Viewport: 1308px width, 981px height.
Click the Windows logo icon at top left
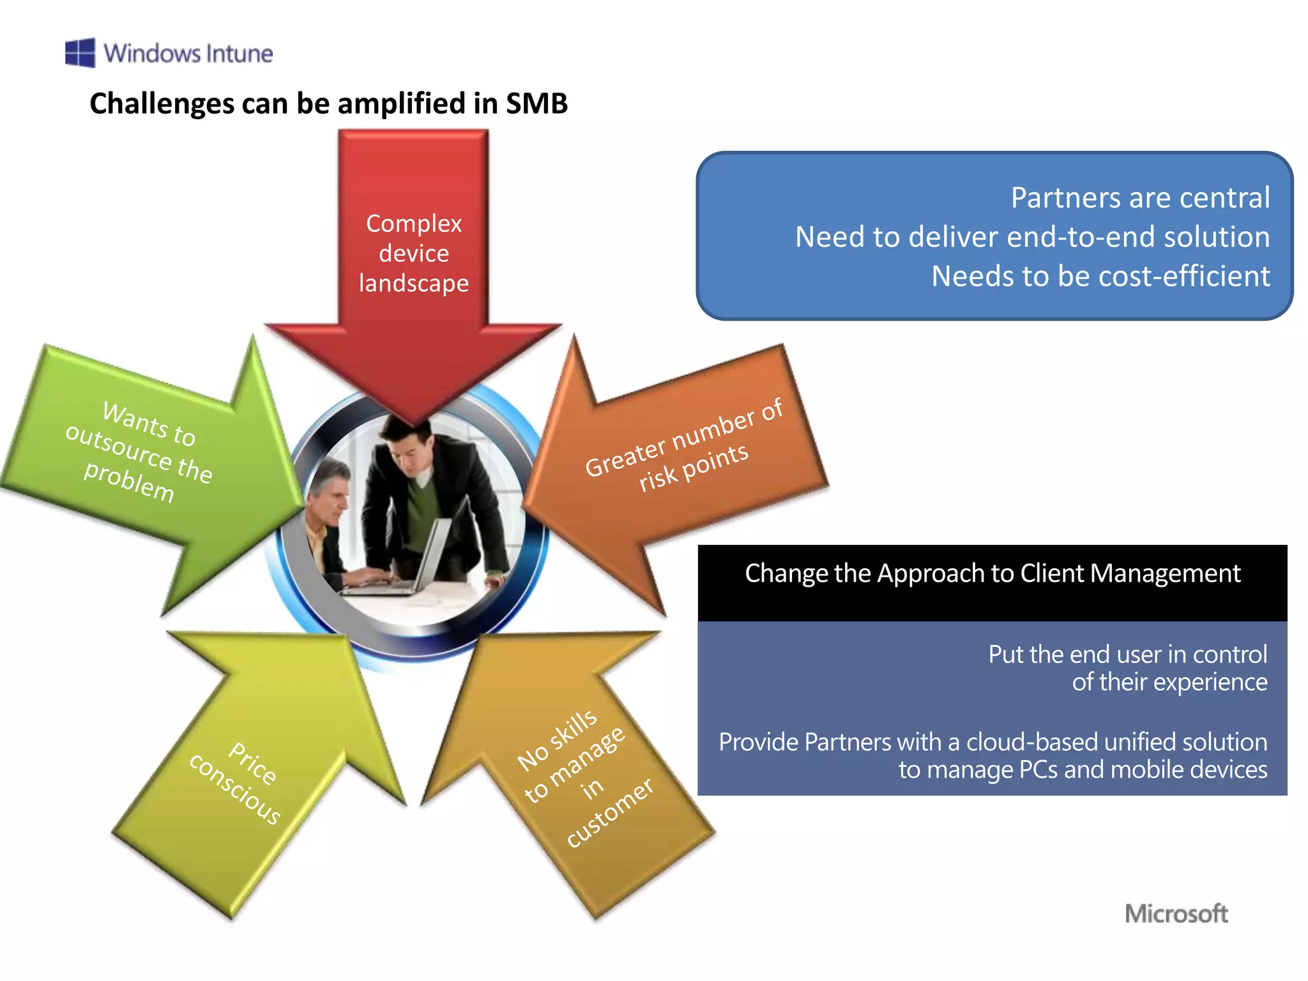(x=80, y=52)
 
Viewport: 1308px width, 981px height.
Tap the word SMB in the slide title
(x=536, y=103)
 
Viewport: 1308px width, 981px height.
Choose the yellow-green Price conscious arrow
(x=243, y=779)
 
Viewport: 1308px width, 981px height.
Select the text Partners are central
(x=1140, y=198)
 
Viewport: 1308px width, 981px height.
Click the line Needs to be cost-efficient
(x=1100, y=277)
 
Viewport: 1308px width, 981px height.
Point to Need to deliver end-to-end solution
(x=1032, y=237)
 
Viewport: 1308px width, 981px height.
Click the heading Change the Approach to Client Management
(x=992, y=574)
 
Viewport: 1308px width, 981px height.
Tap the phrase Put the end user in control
(x=1127, y=655)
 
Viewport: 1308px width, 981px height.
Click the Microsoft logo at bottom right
(x=1176, y=913)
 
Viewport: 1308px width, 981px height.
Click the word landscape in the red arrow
(x=414, y=283)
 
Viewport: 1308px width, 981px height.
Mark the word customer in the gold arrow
(x=610, y=812)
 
